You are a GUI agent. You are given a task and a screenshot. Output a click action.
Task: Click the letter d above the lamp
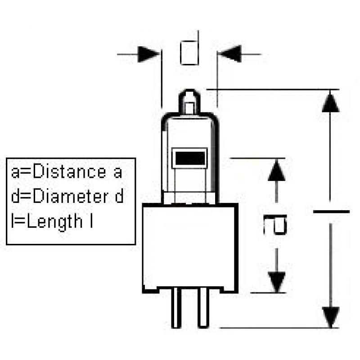click(x=189, y=53)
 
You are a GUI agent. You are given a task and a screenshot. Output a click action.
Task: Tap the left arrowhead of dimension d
click(x=149, y=54)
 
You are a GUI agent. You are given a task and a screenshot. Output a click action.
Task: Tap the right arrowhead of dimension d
click(x=229, y=54)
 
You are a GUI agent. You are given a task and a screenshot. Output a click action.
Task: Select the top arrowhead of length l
click(x=331, y=101)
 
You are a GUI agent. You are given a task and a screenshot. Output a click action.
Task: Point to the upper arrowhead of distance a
click(x=276, y=171)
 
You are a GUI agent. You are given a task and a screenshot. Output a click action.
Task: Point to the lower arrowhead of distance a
click(x=276, y=281)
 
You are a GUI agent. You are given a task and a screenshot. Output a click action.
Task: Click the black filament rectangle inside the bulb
click(x=190, y=158)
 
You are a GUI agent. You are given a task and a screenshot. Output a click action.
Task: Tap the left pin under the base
click(x=176, y=310)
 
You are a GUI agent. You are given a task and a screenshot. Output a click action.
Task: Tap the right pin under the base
click(x=203, y=310)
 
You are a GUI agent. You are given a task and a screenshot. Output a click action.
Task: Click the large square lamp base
click(x=189, y=247)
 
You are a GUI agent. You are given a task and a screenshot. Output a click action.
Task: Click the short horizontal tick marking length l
click(x=331, y=211)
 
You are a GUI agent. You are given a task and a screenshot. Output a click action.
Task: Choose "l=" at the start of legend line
click(x=17, y=222)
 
